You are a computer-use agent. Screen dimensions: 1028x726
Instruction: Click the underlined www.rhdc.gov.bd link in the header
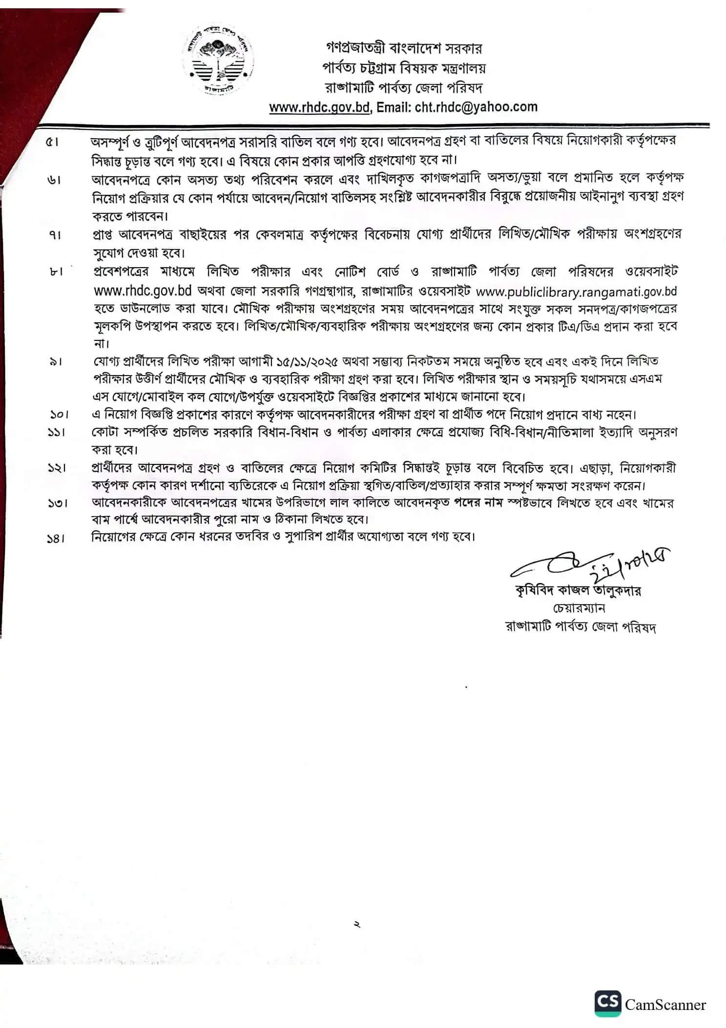(319, 107)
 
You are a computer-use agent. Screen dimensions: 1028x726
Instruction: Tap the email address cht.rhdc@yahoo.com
(476, 107)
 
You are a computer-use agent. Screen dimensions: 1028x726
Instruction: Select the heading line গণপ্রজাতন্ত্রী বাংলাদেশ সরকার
(404, 48)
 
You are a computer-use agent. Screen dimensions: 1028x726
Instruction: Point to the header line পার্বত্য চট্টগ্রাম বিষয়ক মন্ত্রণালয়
(404, 68)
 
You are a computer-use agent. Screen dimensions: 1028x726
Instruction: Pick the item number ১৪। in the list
(57, 539)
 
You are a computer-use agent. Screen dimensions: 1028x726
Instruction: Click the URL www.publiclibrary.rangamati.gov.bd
(576, 292)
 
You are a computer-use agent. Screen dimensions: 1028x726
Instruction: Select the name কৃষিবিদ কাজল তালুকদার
(578, 591)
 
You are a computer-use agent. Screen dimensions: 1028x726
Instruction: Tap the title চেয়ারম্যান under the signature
(579, 608)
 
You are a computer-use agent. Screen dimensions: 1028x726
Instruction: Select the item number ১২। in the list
(58, 468)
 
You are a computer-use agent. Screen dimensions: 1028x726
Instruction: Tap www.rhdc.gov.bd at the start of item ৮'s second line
(142, 291)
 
